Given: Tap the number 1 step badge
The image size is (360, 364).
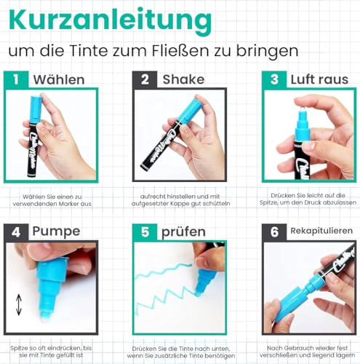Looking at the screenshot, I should point(17,79).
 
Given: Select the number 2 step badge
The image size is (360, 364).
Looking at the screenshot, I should point(146,79).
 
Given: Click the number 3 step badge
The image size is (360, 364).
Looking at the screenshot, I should point(273,79).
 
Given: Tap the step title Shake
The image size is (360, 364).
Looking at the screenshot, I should point(183,79).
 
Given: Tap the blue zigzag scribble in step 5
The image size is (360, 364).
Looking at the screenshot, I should point(167,292).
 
